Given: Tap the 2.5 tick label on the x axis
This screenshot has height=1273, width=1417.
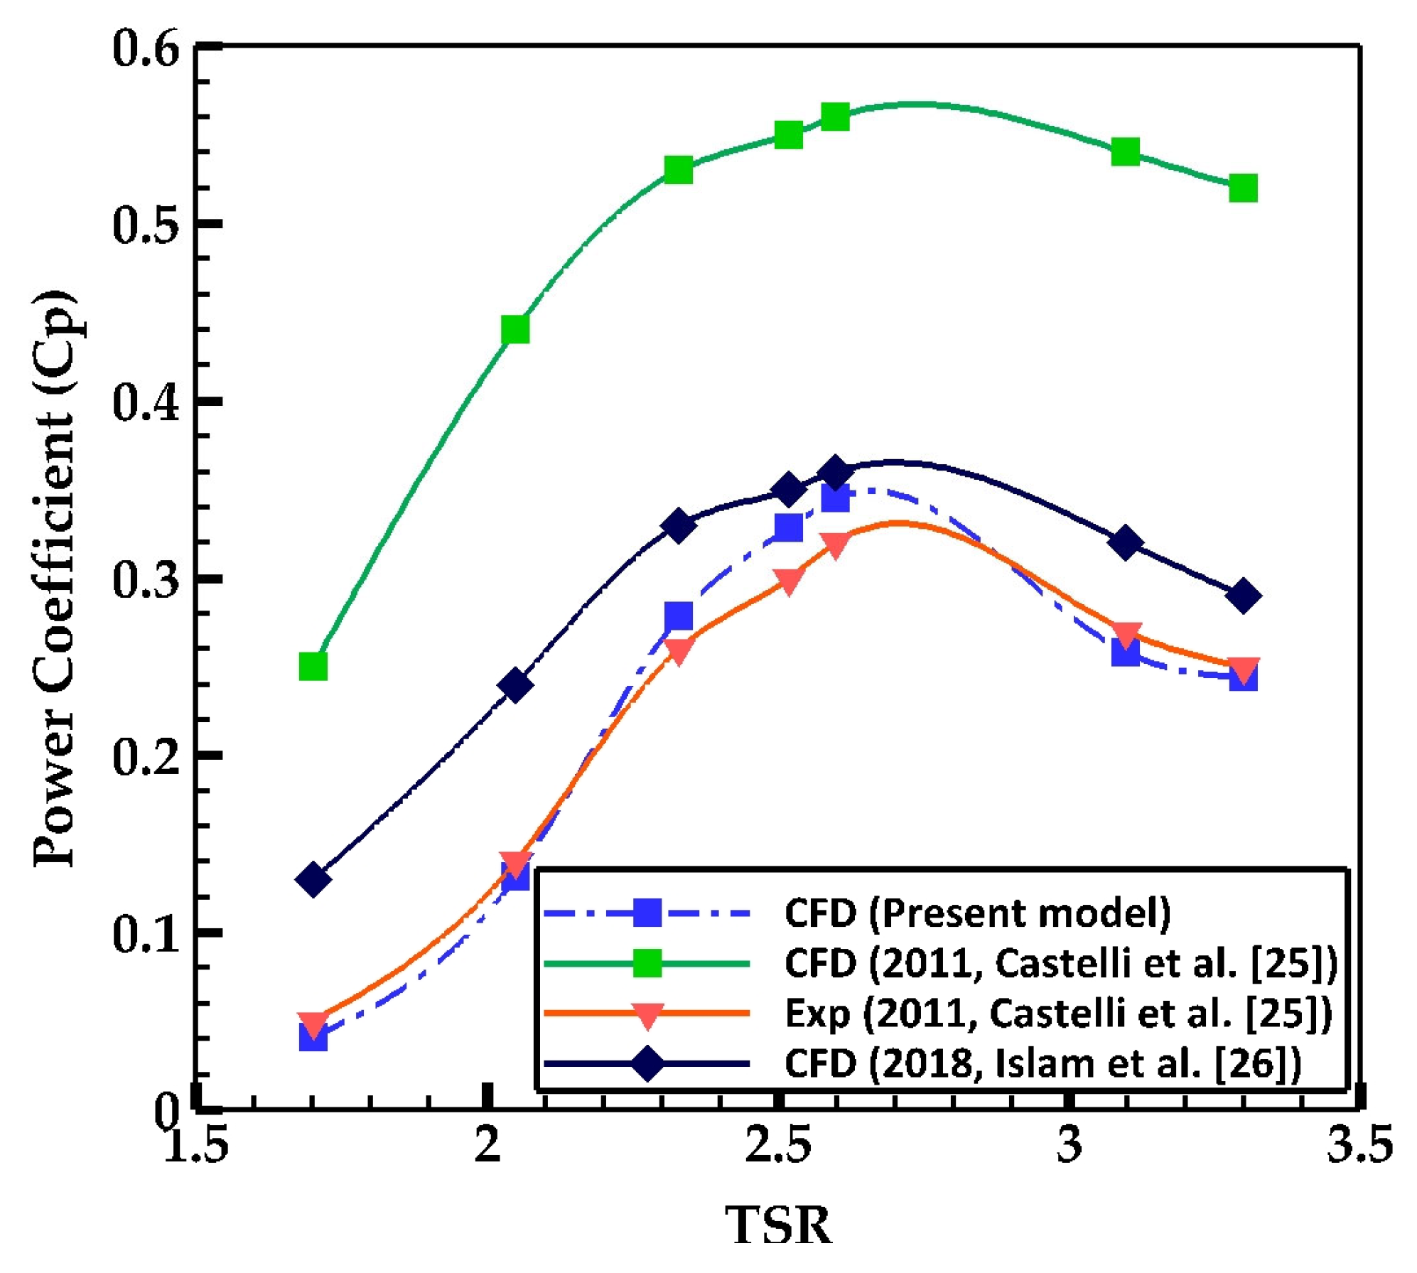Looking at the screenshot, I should click(778, 1146).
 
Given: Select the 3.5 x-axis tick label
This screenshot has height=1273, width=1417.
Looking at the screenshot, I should click(1359, 1146).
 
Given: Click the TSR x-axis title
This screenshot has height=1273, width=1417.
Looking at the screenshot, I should click(778, 1225).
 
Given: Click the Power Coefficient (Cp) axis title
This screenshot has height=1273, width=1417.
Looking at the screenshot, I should click(53, 579).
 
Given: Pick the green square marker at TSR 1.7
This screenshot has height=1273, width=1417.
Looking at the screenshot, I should click(313, 667).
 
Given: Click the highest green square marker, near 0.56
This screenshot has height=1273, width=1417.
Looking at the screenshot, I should click(835, 117).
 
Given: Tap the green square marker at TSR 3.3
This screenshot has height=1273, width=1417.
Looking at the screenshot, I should click(1243, 188).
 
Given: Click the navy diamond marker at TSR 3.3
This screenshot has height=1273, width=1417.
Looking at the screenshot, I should click(1243, 596).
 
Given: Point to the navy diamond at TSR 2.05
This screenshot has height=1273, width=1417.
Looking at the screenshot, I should click(515, 684).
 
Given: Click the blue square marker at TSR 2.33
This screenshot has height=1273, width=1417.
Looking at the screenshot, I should click(679, 616).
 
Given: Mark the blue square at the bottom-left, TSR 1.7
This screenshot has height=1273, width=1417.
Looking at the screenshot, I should click(313, 1038).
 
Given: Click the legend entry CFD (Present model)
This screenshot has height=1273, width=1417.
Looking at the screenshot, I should click(977, 913).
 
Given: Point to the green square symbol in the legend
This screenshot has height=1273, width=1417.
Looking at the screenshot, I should click(647, 964).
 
